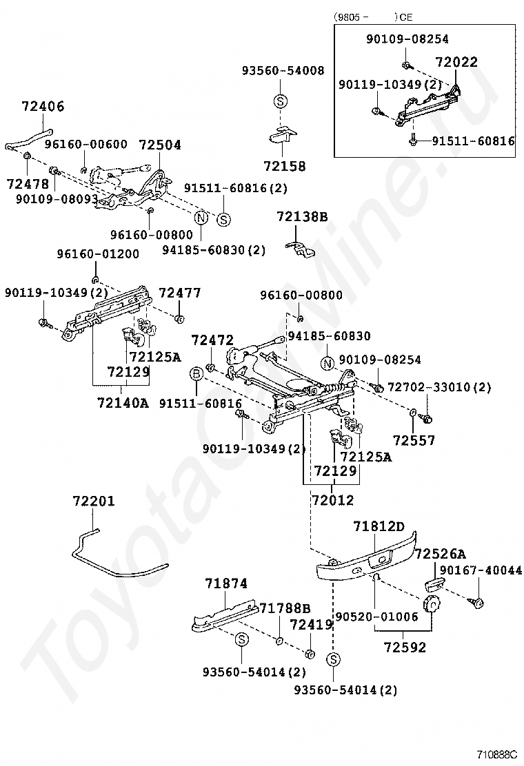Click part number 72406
coord(43,107)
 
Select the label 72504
coord(160,145)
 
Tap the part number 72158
coord(284,166)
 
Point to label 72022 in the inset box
coord(456,63)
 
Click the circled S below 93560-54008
coord(281,101)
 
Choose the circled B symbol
coord(196,373)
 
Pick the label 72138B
coord(302,217)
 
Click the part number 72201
coord(94,501)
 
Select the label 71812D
coord(379,527)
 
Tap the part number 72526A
coord(440,554)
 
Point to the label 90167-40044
coord(480,570)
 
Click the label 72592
coord(405,648)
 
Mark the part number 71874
coord(225,583)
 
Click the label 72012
coord(332,500)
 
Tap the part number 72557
coord(414,439)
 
